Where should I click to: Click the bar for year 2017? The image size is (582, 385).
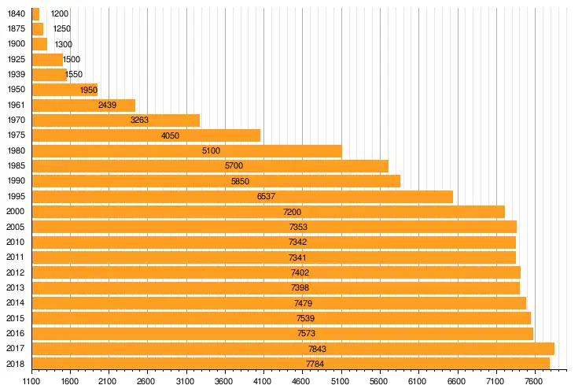[x=293, y=348]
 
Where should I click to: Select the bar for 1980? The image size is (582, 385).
[x=186, y=150]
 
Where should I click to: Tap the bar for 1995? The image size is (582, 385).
[x=242, y=196]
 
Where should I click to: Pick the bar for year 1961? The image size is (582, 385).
[x=83, y=105]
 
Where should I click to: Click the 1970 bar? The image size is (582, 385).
[x=116, y=120]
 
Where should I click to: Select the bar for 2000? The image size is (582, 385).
[x=268, y=211]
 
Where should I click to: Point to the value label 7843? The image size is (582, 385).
[x=318, y=349]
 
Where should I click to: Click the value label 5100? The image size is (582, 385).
[x=212, y=150]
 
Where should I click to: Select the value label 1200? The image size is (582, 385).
[x=60, y=13]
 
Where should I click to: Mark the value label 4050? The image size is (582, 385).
[x=171, y=135]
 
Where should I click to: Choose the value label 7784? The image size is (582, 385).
[x=315, y=364]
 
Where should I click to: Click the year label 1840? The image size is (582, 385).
[x=16, y=13]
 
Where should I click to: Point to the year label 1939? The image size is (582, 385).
[x=16, y=75]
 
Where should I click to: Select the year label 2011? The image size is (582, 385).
[x=16, y=257]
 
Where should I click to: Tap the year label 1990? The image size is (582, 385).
[x=16, y=181]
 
